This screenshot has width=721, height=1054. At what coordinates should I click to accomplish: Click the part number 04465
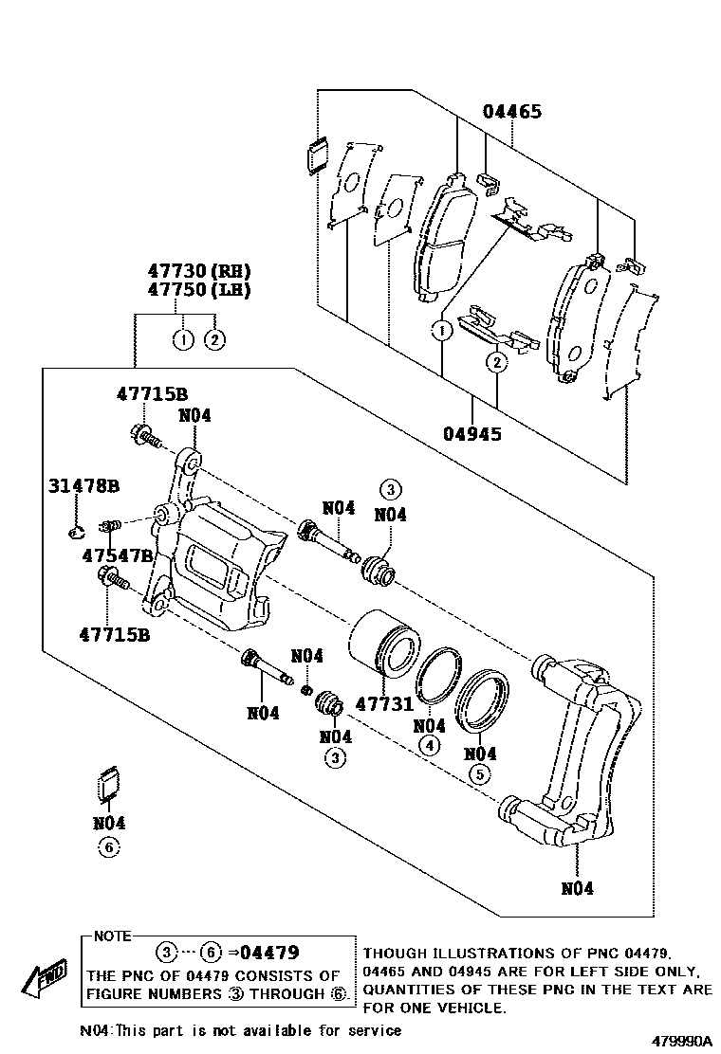[x=512, y=112]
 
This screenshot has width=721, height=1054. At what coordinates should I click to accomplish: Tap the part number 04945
[x=472, y=433]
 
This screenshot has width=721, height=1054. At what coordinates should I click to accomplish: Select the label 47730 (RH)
[x=199, y=271]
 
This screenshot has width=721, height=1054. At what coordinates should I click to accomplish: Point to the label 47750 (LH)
[x=199, y=290]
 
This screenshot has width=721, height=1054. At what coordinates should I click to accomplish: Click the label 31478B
[x=83, y=485]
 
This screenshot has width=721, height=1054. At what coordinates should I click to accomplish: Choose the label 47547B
[x=118, y=555]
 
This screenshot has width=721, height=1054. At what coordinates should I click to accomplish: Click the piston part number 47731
[x=384, y=704]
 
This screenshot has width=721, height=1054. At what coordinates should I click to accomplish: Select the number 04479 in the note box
[x=269, y=953]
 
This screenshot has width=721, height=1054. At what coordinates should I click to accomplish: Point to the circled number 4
[x=429, y=745]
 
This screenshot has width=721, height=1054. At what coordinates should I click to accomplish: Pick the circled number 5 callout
[x=479, y=774]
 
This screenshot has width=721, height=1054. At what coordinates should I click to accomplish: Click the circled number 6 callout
[x=109, y=847]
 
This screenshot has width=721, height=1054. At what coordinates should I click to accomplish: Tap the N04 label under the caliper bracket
[x=577, y=889]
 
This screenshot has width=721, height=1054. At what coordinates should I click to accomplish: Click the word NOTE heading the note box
[x=112, y=936]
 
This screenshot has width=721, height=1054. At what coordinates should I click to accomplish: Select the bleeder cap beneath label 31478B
[x=77, y=532]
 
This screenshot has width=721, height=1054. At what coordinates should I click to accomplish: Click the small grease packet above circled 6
[x=105, y=785]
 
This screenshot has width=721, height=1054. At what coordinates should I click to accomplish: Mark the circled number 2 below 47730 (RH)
[x=214, y=339]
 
